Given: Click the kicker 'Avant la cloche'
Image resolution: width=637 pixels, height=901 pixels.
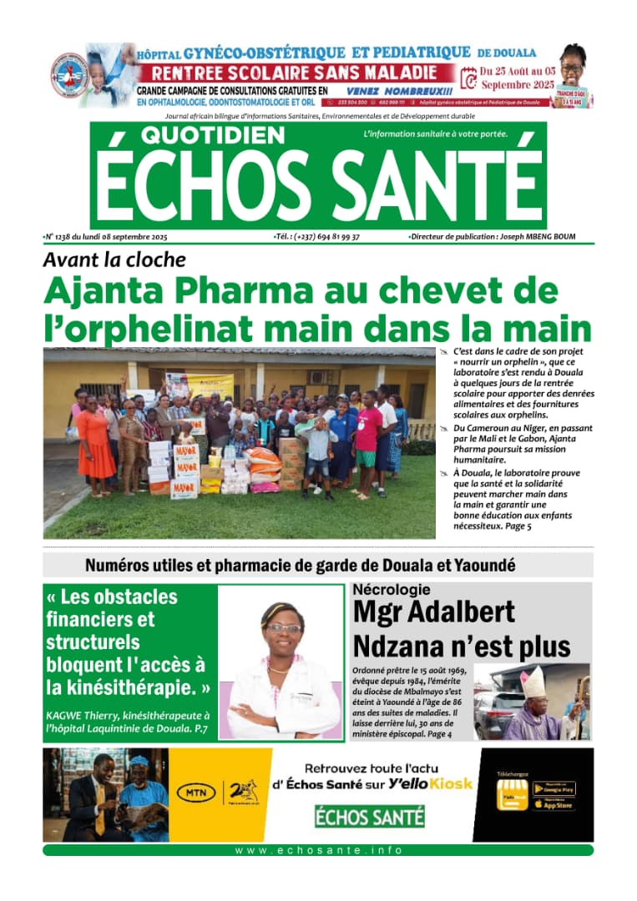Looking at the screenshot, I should pyautogui.click(x=114, y=259).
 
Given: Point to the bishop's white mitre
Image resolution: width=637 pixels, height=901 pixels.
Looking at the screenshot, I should pyautogui.click(x=532, y=682).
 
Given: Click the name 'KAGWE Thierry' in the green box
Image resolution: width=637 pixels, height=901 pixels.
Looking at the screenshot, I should pyautogui.click(x=84, y=716).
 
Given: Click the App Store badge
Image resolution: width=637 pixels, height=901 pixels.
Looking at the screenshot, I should pyautogui.click(x=554, y=804).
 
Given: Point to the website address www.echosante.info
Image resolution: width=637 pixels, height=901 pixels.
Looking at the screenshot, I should pyautogui.click(x=318, y=850).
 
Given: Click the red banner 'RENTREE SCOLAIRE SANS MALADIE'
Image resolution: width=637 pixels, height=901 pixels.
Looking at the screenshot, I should pyautogui.click(x=296, y=73).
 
